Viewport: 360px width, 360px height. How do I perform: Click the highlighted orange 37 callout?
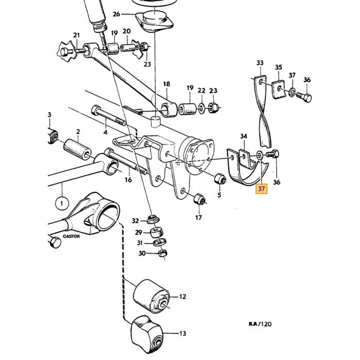coord(261,189)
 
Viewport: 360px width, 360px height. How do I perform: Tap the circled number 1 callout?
coord(62,203)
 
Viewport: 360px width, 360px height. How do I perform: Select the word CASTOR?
coord(71,236)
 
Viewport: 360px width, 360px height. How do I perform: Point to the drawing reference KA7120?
coord(260,324)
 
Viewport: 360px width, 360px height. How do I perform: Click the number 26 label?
coord(116,14)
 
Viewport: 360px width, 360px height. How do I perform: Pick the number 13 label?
coord(183,333)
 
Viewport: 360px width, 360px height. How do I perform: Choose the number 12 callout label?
coord(183,297)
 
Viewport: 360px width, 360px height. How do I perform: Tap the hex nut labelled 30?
coord(163,254)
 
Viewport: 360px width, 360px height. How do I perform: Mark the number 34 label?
coord(244,136)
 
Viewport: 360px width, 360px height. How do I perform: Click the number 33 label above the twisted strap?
coord(260,63)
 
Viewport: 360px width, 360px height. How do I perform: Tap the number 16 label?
coord(128,179)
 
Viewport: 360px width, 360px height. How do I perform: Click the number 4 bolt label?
coord(105,133)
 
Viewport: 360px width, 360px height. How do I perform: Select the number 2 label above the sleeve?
coord(78,132)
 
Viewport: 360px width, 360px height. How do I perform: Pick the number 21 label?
coord(77,35)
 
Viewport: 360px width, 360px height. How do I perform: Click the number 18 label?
coord(167,84)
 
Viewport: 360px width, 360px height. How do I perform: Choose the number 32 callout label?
coord(135,221)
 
